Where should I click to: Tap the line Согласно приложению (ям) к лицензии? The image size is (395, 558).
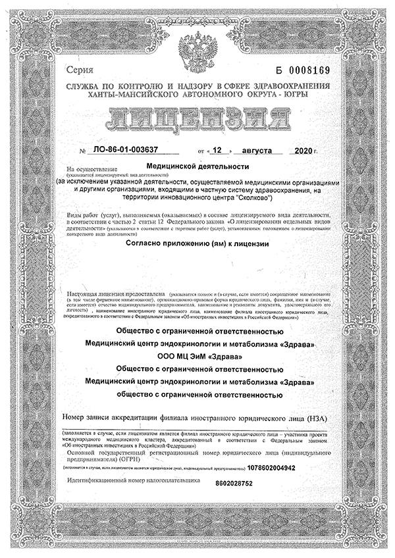pyautogui.click(x=197, y=261)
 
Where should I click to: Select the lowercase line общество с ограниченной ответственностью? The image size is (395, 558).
pyautogui.click(x=197, y=395)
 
